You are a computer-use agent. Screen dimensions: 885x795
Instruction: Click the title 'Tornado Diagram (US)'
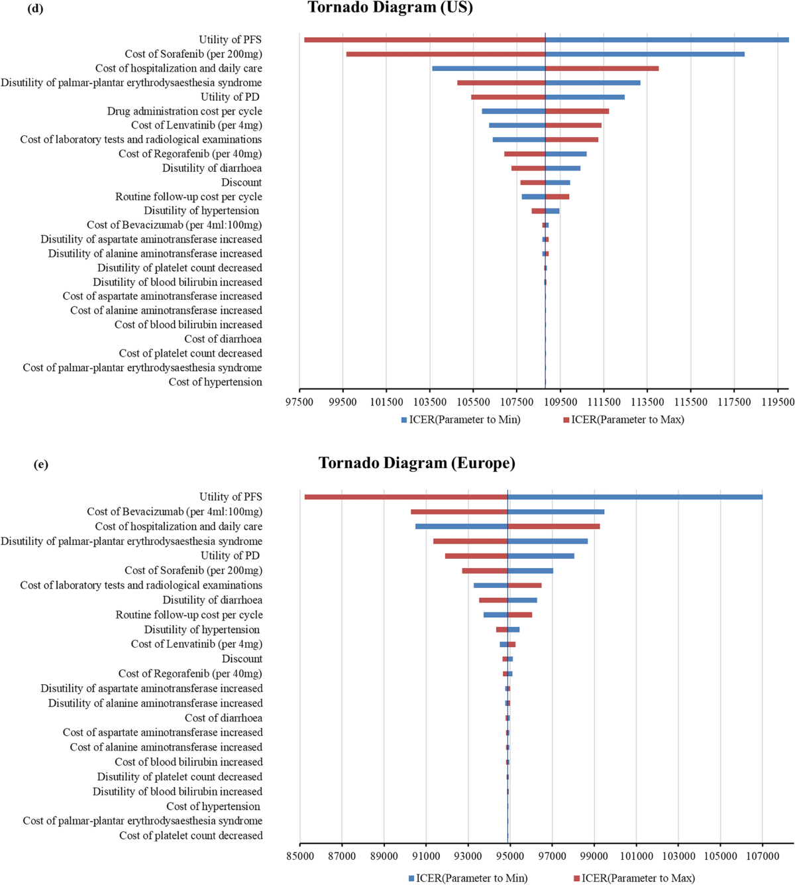pyautogui.click(x=390, y=9)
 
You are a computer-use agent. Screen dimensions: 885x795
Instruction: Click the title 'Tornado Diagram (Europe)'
pyautogui.click(x=417, y=463)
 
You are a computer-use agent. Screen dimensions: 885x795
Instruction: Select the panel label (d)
pyautogui.click(x=35, y=9)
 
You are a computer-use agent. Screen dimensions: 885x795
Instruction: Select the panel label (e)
pyautogui.click(x=40, y=464)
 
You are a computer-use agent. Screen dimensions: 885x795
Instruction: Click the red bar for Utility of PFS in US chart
pyautogui.click(x=424, y=40)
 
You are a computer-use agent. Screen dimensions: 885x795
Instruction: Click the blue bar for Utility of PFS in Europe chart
pyautogui.click(x=635, y=497)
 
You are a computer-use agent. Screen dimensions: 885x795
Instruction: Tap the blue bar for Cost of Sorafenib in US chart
pyautogui.click(x=645, y=54)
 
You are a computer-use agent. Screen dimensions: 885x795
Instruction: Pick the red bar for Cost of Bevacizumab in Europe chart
pyautogui.click(x=459, y=512)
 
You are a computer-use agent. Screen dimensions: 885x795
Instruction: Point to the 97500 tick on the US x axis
pyautogui.click(x=299, y=402)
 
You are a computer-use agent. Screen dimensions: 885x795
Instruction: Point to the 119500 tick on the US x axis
pyautogui.click(x=777, y=402)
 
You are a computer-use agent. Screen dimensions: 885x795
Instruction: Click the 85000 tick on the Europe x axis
pyautogui.click(x=299, y=857)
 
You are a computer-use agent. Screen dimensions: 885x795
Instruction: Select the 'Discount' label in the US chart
pyautogui.click(x=241, y=182)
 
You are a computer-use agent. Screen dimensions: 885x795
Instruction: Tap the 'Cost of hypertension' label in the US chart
pyautogui.click(x=215, y=382)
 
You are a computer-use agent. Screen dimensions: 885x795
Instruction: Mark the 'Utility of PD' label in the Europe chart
pyautogui.click(x=230, y=556)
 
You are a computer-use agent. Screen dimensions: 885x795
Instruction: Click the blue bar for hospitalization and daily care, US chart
pyautogui.click(x=488, y=68)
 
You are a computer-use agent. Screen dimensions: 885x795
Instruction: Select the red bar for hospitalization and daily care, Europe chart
pyautogui.click(x=554, y=526)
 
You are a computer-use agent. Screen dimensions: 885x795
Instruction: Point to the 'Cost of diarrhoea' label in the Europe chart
pyautogui.click(x=223, y=718)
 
